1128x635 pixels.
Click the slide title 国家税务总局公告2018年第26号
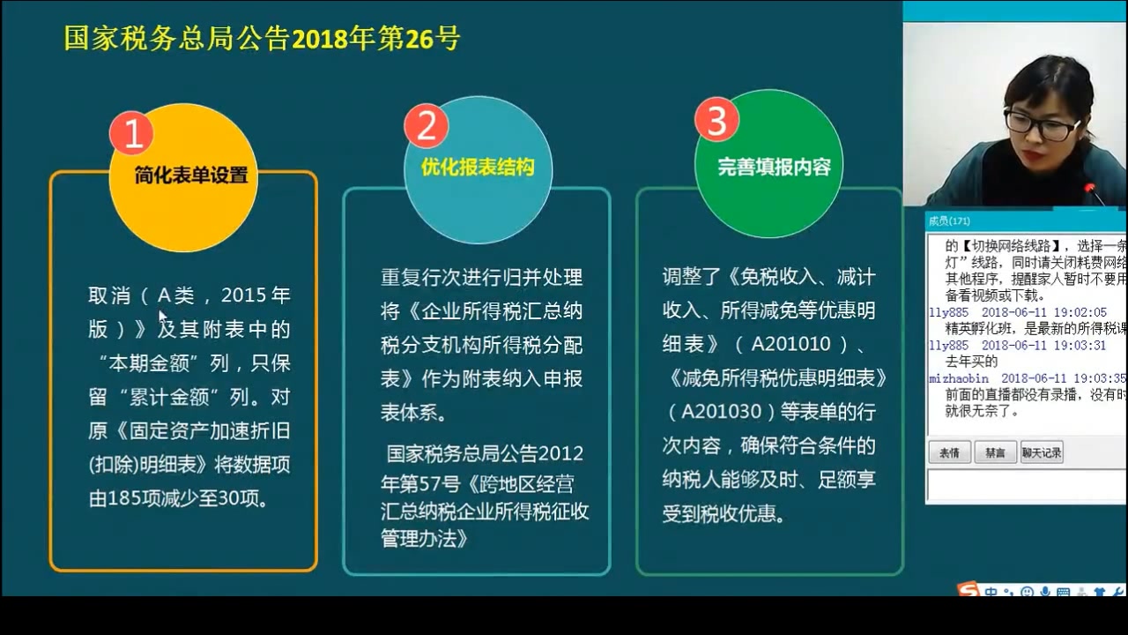262,39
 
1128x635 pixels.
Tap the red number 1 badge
132,134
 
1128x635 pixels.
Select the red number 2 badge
427,127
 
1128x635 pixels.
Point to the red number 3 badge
716,122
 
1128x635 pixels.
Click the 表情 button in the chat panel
949,452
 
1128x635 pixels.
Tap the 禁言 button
995,452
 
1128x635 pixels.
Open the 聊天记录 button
1042,452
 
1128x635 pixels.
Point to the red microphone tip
1089,188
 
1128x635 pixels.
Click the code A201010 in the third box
790,344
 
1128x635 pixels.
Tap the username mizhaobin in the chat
958,377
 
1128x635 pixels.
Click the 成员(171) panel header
949,221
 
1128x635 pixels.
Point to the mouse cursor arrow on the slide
162,315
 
